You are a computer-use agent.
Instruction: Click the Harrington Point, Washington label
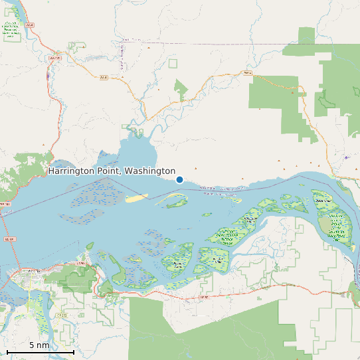point(112,171)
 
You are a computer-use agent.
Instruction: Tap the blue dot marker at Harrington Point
point(179,179)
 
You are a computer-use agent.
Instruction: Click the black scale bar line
point(40,351)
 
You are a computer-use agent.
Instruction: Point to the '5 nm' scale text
point(39,345)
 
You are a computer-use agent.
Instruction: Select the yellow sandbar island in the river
point(137,198)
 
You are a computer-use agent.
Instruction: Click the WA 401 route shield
point(54,58)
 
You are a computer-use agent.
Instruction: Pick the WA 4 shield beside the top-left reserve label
point(31,27)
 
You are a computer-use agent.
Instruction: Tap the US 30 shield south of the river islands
point(204,297)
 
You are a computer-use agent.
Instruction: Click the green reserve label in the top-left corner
point(11,30)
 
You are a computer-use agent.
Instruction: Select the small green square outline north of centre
point(173,63)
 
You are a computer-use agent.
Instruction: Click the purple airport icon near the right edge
point(346,157)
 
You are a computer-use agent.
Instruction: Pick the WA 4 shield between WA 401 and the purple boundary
point(103,78)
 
